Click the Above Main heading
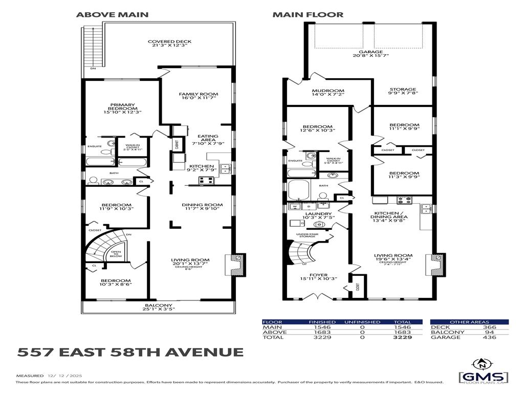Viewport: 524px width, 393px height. (113, 14)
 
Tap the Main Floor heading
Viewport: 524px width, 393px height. (308, 14)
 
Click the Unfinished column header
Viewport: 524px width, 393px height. (362, 322)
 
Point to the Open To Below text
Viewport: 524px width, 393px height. (116, 255)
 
